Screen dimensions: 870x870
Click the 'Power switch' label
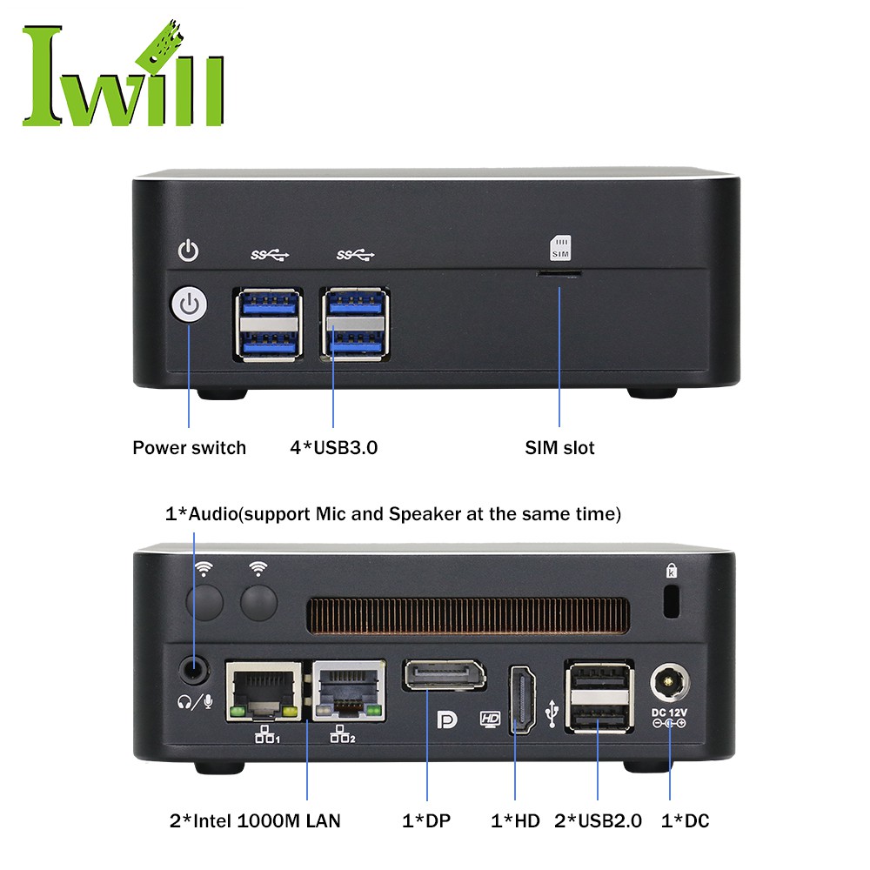(x=189, y=448)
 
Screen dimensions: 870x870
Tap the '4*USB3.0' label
(x=334, y=448)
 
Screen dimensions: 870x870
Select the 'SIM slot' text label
(x=559, y=448)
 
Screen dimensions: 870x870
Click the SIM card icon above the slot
(x=559, y=247)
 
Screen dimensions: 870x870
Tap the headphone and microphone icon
(x=195, y=700)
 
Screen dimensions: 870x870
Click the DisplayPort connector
(x=443, y=676)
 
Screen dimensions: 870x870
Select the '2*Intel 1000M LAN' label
(x=255, y=820)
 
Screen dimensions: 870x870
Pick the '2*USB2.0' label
(x=598, y=820)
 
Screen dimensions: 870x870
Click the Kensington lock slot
(x=670, y=601)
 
